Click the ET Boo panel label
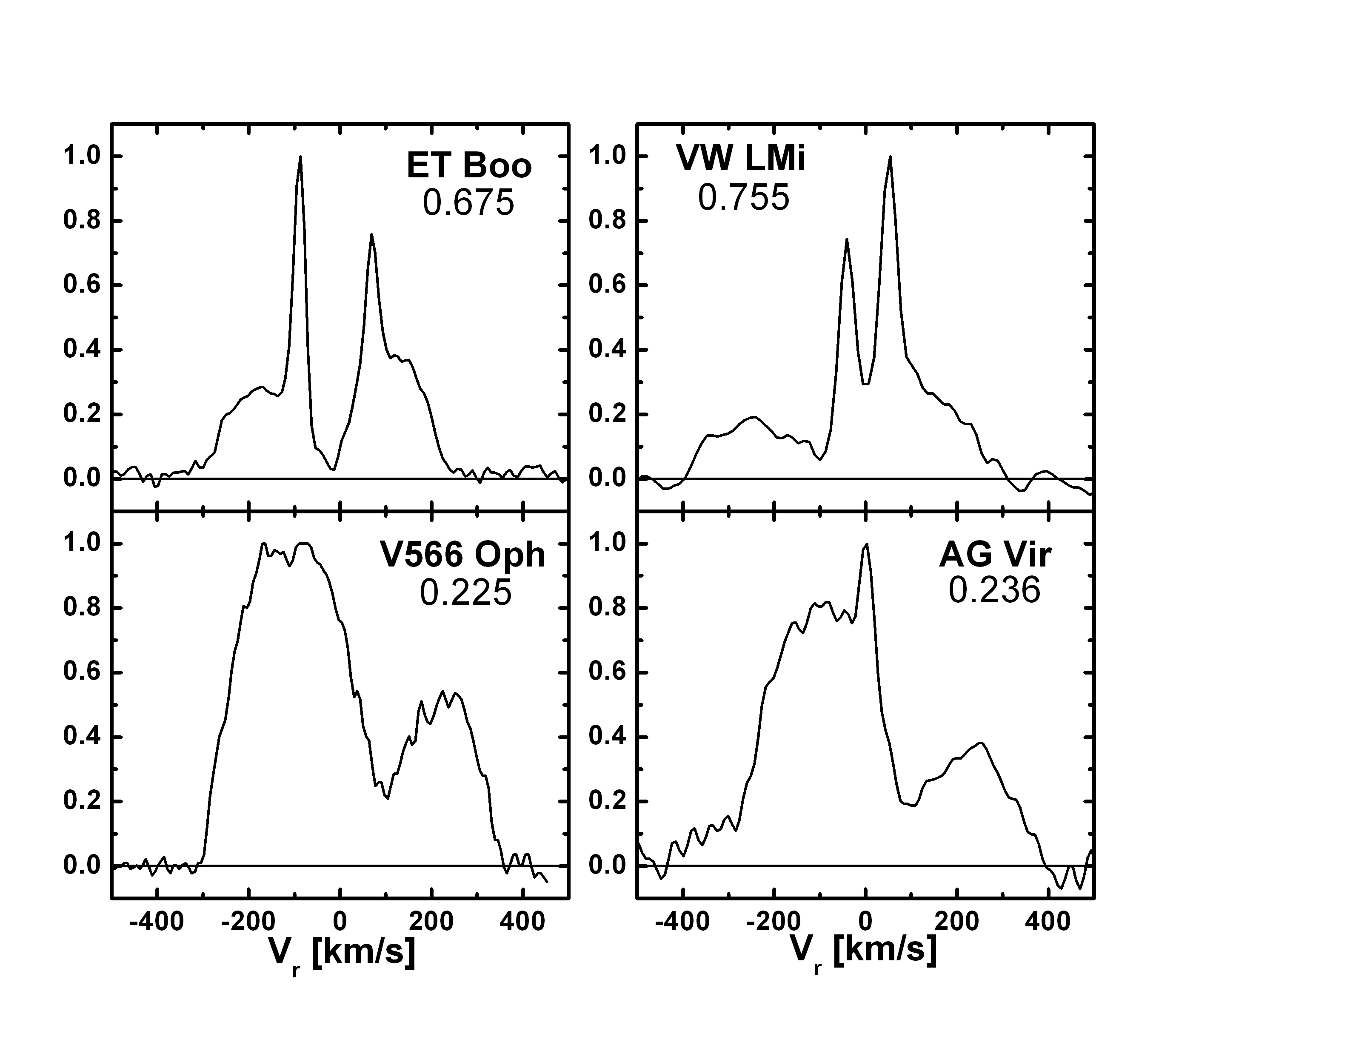[469, 166]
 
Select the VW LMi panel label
[740, 159]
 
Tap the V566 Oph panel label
[462, 554]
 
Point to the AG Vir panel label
[995, 554]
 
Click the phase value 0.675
[468, 202]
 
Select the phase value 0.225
[465, 592]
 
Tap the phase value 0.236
[994, 589]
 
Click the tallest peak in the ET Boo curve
[300, 157]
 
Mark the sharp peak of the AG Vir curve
[866, 544]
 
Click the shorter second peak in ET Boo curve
[371, 235]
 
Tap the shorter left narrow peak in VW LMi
[846, 239]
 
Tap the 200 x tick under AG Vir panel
[956, 922]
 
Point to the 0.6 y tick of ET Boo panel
[81, 285]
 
